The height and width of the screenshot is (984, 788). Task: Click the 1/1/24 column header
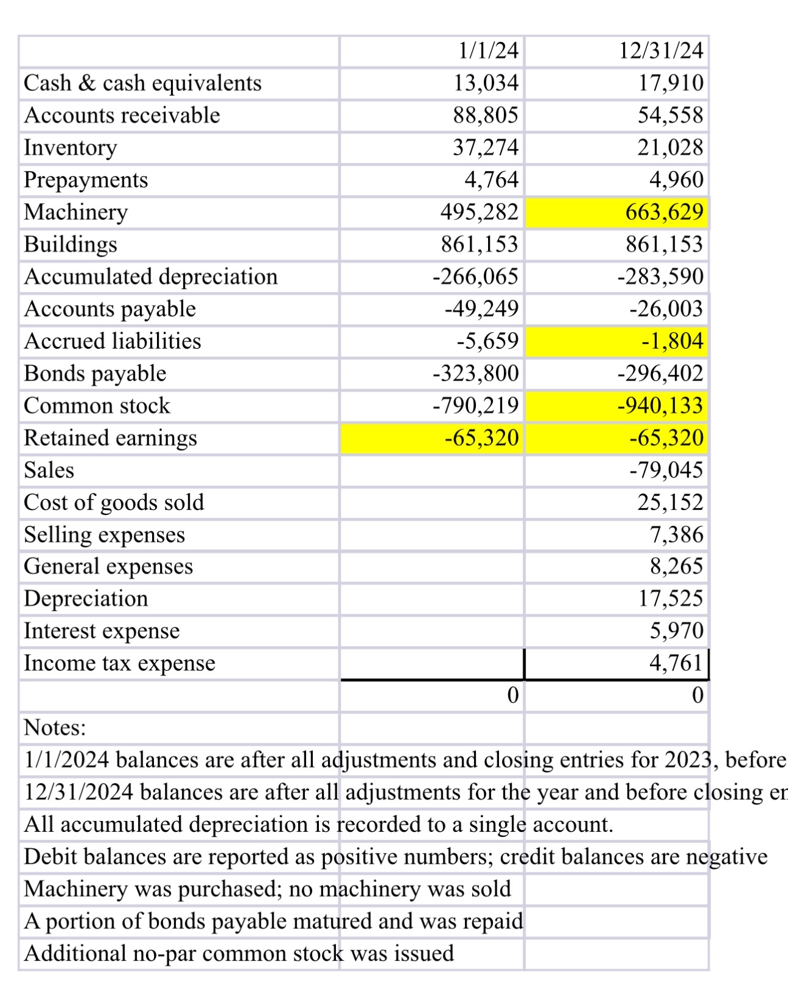coord(487,51)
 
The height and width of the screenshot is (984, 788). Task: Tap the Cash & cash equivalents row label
coord(142,83)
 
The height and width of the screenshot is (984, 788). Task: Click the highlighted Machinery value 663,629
coord(663,212)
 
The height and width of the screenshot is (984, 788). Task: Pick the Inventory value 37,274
coord(485,148)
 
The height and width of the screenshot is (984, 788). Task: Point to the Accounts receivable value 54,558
coord(670,115)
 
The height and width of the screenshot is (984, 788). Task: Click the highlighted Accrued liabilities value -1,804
coord(672,341)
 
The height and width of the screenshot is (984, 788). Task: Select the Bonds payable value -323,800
coord(475,373)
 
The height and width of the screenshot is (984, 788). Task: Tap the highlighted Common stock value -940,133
coord(660,406)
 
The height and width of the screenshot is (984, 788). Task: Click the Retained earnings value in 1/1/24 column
coord(481,438)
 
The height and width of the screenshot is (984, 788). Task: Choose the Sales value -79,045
coord(666,470)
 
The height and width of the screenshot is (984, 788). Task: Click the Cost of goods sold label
coord(114,503)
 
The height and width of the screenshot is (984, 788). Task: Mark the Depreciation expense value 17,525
coord(670,599)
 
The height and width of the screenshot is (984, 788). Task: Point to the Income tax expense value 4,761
coord(676,663)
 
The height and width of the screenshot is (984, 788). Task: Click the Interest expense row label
coord(101,631)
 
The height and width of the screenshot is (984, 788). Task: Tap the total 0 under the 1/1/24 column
coord(513,695)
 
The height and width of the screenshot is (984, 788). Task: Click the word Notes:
coord(55,727)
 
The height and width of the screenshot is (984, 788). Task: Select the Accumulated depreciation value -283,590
coord(660,277)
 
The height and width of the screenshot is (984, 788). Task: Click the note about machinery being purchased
coord(267,889)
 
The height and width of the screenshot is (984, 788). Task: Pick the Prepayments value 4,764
coord(491,180)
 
